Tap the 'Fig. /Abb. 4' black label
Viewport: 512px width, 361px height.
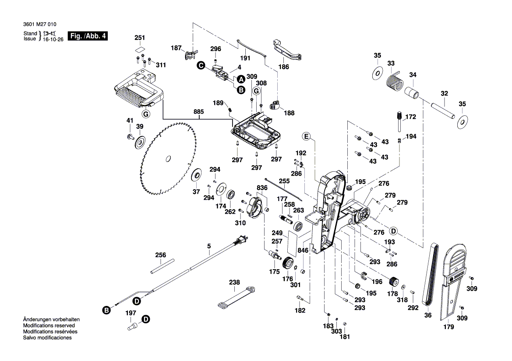(87, 36)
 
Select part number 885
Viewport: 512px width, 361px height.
(198, 112)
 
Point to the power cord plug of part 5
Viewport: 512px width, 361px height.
(241, 240)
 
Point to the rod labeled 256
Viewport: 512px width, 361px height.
(161, 267)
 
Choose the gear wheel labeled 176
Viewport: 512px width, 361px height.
(288, 264)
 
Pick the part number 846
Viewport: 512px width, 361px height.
(303, 250)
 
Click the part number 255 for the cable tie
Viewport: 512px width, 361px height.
(284, 181)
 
